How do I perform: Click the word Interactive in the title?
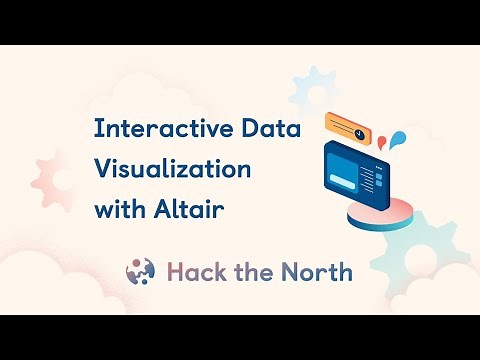[151, 129]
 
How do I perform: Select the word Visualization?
[172, 169]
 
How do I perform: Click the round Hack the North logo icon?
[140, 271]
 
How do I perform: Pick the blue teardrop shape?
[399, 136]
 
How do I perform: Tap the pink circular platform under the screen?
[380, 213]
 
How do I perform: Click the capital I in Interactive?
[96, 129]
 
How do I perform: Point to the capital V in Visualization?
[101, 169]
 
